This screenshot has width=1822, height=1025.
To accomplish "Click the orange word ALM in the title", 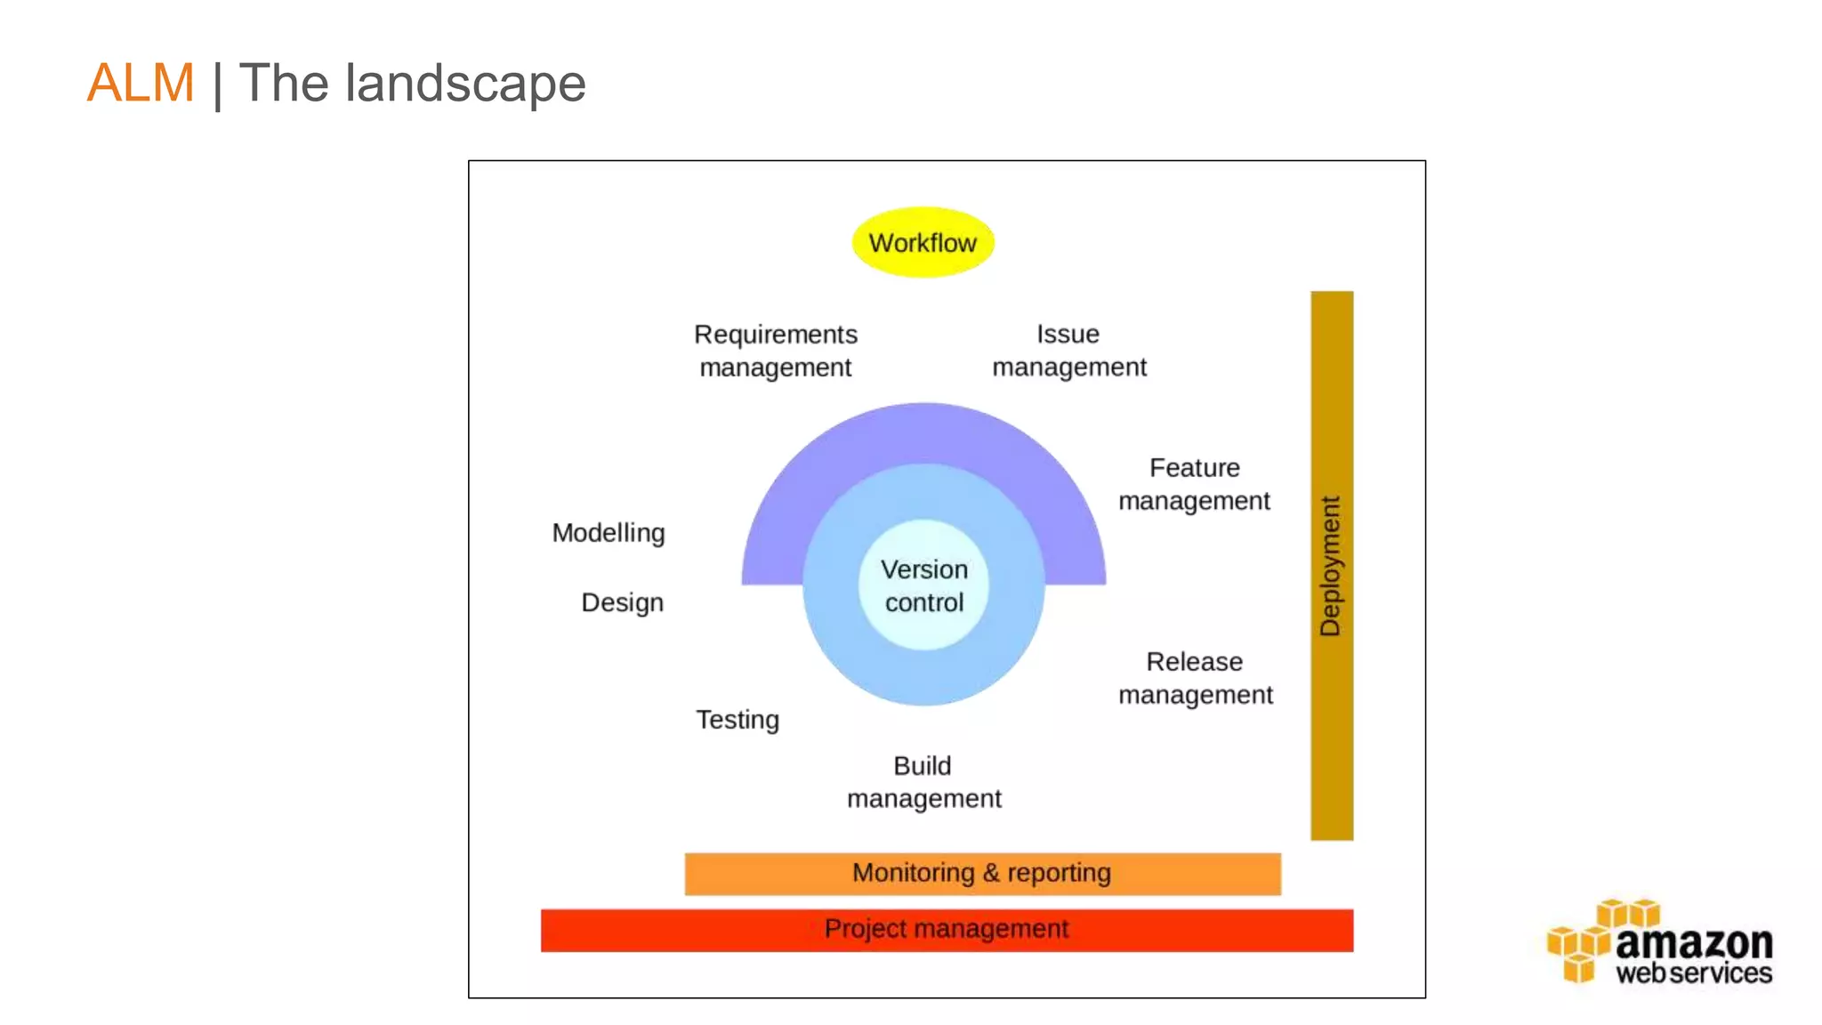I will point(141,84).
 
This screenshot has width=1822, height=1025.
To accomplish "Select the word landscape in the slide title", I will point(465,84).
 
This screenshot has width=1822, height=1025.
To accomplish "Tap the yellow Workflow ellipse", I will point(923,243).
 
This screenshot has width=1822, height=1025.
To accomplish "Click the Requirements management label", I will point(776,351).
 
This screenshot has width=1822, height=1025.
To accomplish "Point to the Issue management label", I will point(1068,351).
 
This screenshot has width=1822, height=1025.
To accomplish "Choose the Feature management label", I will point(1194,484).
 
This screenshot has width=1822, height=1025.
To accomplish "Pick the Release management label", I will point(1195,678).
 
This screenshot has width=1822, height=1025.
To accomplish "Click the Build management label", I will point(923,782).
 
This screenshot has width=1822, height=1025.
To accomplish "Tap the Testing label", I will point(738,719).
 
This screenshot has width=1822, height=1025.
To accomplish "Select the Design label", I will point(622,602).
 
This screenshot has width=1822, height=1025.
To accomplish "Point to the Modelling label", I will point(609,533).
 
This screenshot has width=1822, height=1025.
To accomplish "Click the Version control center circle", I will point(924,585).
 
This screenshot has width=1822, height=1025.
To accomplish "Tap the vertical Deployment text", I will point(1331,566).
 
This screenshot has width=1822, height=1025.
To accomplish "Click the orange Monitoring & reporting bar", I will point(982,874).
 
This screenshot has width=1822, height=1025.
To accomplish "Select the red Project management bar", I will point(947,930).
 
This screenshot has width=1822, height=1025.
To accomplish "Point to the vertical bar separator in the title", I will point(217,85).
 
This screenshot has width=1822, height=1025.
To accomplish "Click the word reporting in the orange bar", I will point(1059,874).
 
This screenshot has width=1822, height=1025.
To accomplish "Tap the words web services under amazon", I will point(1693,973).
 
